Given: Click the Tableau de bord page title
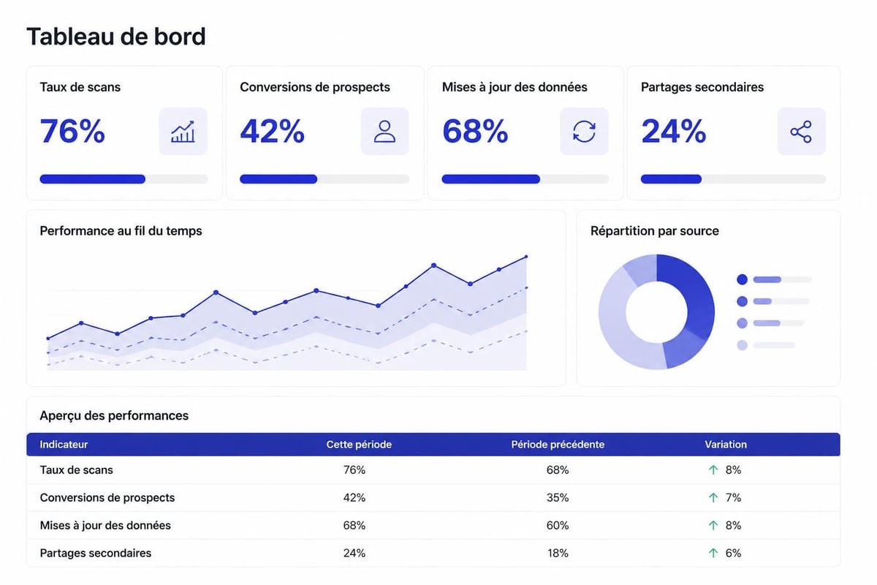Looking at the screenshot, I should click(x=115, y=37).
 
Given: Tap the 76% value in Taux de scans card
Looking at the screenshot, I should click(x=72, y=131).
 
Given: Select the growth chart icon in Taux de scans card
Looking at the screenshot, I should click(x=183, y=132).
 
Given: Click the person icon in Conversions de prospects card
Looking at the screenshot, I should click(x=384, y=132).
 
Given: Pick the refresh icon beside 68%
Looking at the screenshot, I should click(x=584, y=132).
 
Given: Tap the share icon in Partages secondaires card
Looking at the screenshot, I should click(x=801, y=132).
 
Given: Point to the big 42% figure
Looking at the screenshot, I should click(x=272, y=131).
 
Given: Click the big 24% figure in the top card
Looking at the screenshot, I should click(x=673, y=131).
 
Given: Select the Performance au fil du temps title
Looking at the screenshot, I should click(x=121, y=231).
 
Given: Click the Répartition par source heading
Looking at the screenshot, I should click(x=654, y=231).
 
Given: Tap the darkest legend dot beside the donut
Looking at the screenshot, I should click(x=743, y=279).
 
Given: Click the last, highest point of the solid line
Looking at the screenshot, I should click(x=526, y=257).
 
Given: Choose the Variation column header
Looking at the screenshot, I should click(x=726, y=445).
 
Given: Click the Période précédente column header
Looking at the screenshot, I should click(x=558, y=445).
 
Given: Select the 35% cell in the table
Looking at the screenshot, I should click(x=558, y=498).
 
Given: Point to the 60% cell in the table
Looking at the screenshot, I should click(x=558, y=526).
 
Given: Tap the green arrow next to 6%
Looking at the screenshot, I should click(x=713, y=554).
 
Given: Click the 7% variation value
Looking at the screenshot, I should click(x=733, y=498).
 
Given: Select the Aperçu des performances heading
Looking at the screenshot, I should click(x=114, y=416).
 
